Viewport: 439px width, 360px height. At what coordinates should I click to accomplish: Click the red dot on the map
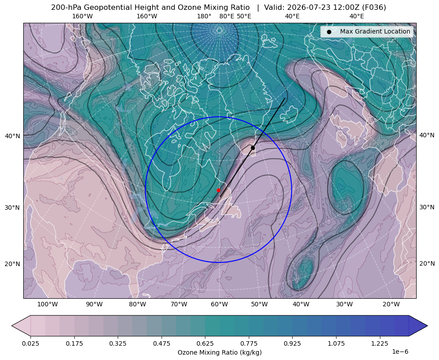218,190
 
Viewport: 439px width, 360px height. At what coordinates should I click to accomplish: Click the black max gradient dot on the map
253,148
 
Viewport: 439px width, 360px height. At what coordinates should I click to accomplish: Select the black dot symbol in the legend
329,32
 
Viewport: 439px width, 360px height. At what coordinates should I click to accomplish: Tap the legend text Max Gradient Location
375,32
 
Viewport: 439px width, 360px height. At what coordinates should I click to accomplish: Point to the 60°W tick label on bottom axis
219,304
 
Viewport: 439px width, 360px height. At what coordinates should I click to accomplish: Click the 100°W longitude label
47,304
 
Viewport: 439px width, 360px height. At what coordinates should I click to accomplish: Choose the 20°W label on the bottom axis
391,304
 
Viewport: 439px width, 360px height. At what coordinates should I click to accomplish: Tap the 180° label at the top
204,16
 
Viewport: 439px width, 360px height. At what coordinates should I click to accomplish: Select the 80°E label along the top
226,16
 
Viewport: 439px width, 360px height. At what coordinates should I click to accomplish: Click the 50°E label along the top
244,16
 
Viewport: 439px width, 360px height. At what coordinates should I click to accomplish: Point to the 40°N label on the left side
13,136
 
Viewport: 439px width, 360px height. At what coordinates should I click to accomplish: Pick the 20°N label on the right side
427,263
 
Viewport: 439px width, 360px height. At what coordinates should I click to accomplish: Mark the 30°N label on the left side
13,208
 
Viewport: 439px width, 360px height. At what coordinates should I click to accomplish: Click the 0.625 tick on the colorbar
205,343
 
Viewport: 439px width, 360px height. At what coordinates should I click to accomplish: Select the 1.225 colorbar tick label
379,343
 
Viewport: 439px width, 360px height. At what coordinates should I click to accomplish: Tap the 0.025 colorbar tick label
30,343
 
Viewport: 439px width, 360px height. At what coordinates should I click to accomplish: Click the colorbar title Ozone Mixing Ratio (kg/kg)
220,352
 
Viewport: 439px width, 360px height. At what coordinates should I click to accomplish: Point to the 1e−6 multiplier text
400,352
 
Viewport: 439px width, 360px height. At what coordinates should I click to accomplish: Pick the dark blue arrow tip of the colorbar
427,326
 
